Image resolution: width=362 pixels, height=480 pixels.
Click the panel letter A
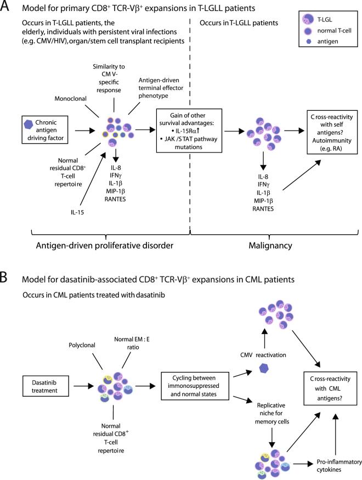coord(7,9)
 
